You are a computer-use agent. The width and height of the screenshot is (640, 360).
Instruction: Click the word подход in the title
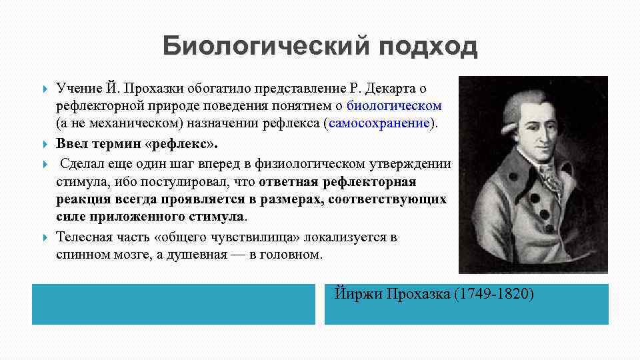tap(426, 47)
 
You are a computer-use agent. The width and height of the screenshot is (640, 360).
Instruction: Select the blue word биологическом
tap(394, 106)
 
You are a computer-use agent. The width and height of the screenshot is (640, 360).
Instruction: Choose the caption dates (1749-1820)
tap(493, 294)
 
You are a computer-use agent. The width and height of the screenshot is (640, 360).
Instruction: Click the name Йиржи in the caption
tap(355, 294)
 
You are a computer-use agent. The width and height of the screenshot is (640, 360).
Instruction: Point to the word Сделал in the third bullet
tap(84, 163)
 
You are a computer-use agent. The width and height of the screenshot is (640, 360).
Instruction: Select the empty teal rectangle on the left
tap(173, 304)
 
